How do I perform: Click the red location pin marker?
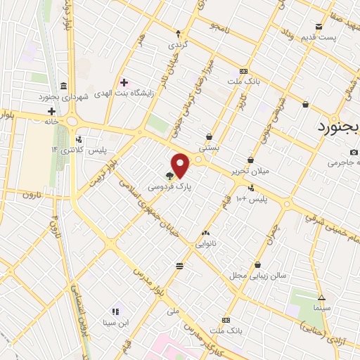(181, 165)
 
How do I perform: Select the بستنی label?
(210, 148)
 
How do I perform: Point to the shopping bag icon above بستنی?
(210, 136)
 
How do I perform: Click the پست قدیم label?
(319, 37)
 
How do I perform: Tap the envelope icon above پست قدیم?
(319, 27)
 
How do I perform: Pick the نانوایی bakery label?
(205, 244)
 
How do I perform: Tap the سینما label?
(321, 308)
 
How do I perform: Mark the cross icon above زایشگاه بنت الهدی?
(124, 82)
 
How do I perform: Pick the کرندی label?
(177, 43)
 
